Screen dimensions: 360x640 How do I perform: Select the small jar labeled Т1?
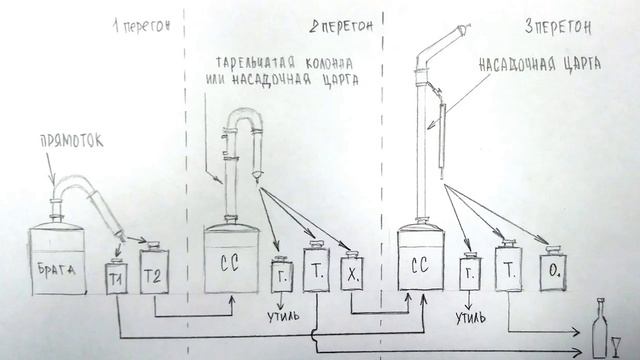coord(117,277)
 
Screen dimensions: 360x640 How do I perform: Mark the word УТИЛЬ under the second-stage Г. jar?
coord(283,320)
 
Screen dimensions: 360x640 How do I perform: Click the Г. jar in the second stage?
coord(282,275)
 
